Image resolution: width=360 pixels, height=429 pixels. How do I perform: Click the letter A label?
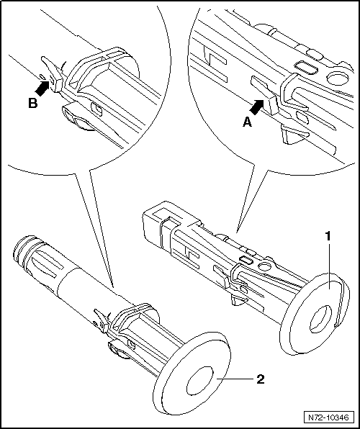pyautogui.click(x=247, y=122)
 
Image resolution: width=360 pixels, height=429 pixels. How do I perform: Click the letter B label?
pyautogui.click(x=33, y=104)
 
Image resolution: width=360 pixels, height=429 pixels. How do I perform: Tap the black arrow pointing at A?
pyautogui.click(x=257, y=107)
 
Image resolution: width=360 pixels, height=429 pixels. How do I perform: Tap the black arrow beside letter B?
pyautogui.click(x=42, y=89)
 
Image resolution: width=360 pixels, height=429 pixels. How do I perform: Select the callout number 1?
pyautogui.click(x=328, y=237)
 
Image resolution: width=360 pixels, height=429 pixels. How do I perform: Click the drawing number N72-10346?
pyautogui.click(x=328, y=417)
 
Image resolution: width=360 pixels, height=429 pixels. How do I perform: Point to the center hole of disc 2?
pyautogui.click(x=199, y=381)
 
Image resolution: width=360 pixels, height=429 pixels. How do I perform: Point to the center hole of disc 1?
pyautogui.click(x=320, y=318)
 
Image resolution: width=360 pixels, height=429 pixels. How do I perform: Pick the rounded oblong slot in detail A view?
pyautogui.click(x=306, y=68)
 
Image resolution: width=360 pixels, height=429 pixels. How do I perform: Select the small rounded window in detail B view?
pyautogui.click(x=96, y=109)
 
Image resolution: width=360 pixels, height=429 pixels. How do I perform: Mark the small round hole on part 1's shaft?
pyautogui.click(x=265, y=266)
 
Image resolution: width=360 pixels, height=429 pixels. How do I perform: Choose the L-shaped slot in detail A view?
pyautogui.click(x=215, y=64)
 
